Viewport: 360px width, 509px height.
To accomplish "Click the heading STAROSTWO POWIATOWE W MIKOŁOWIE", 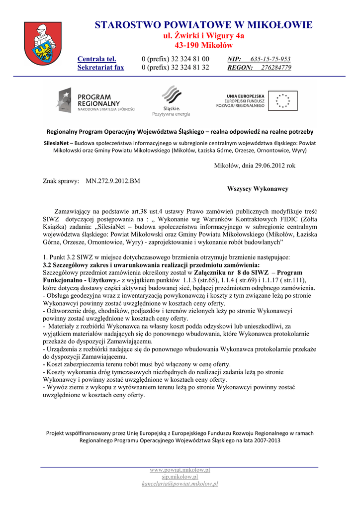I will click(x=204, y=25).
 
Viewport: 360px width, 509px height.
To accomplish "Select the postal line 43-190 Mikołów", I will click(x=204, y=45).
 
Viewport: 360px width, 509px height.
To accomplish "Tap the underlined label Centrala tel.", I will click(x=96, y=59).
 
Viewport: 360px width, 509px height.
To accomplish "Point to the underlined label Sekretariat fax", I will click(x=100, y=68).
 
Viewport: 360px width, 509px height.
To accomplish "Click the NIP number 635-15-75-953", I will click(x=270, y=59).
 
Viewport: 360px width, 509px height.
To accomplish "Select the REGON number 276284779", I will click(x=276, y=68).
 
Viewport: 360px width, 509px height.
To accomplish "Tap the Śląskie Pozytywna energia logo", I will click(x=171, y=101).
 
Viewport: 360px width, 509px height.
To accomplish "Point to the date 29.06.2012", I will click(x=270, y=166).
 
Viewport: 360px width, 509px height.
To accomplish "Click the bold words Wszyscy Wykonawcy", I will click(x=258, y=189).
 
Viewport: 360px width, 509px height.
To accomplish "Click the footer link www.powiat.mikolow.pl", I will click(x=180, y=470).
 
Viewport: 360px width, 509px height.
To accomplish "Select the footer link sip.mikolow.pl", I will click(x=180, y=477).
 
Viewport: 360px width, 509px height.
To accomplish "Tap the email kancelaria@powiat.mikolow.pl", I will click(x=180, y=484).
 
